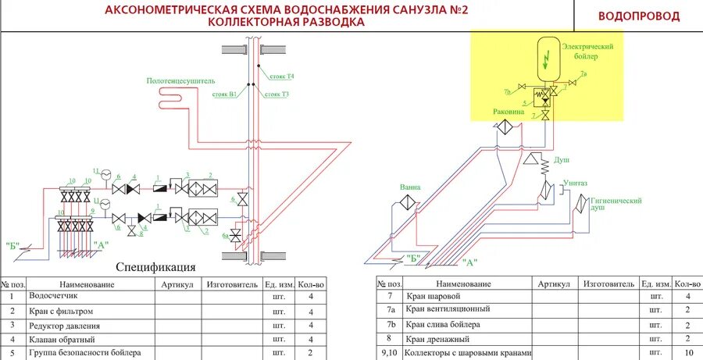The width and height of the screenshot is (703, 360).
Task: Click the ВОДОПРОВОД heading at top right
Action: point(638,16)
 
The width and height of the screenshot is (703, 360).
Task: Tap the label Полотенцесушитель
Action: point(180,80)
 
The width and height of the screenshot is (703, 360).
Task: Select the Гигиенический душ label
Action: point(616,204)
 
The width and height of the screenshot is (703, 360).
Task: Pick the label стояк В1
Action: point(224,94)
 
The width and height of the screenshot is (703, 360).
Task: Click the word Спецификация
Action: point(155,267)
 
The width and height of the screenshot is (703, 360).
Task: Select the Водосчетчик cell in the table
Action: point(51,297)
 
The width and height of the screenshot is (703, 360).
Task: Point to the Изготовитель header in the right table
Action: point(608,284)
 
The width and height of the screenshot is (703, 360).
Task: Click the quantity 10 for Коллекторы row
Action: point(687,353)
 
